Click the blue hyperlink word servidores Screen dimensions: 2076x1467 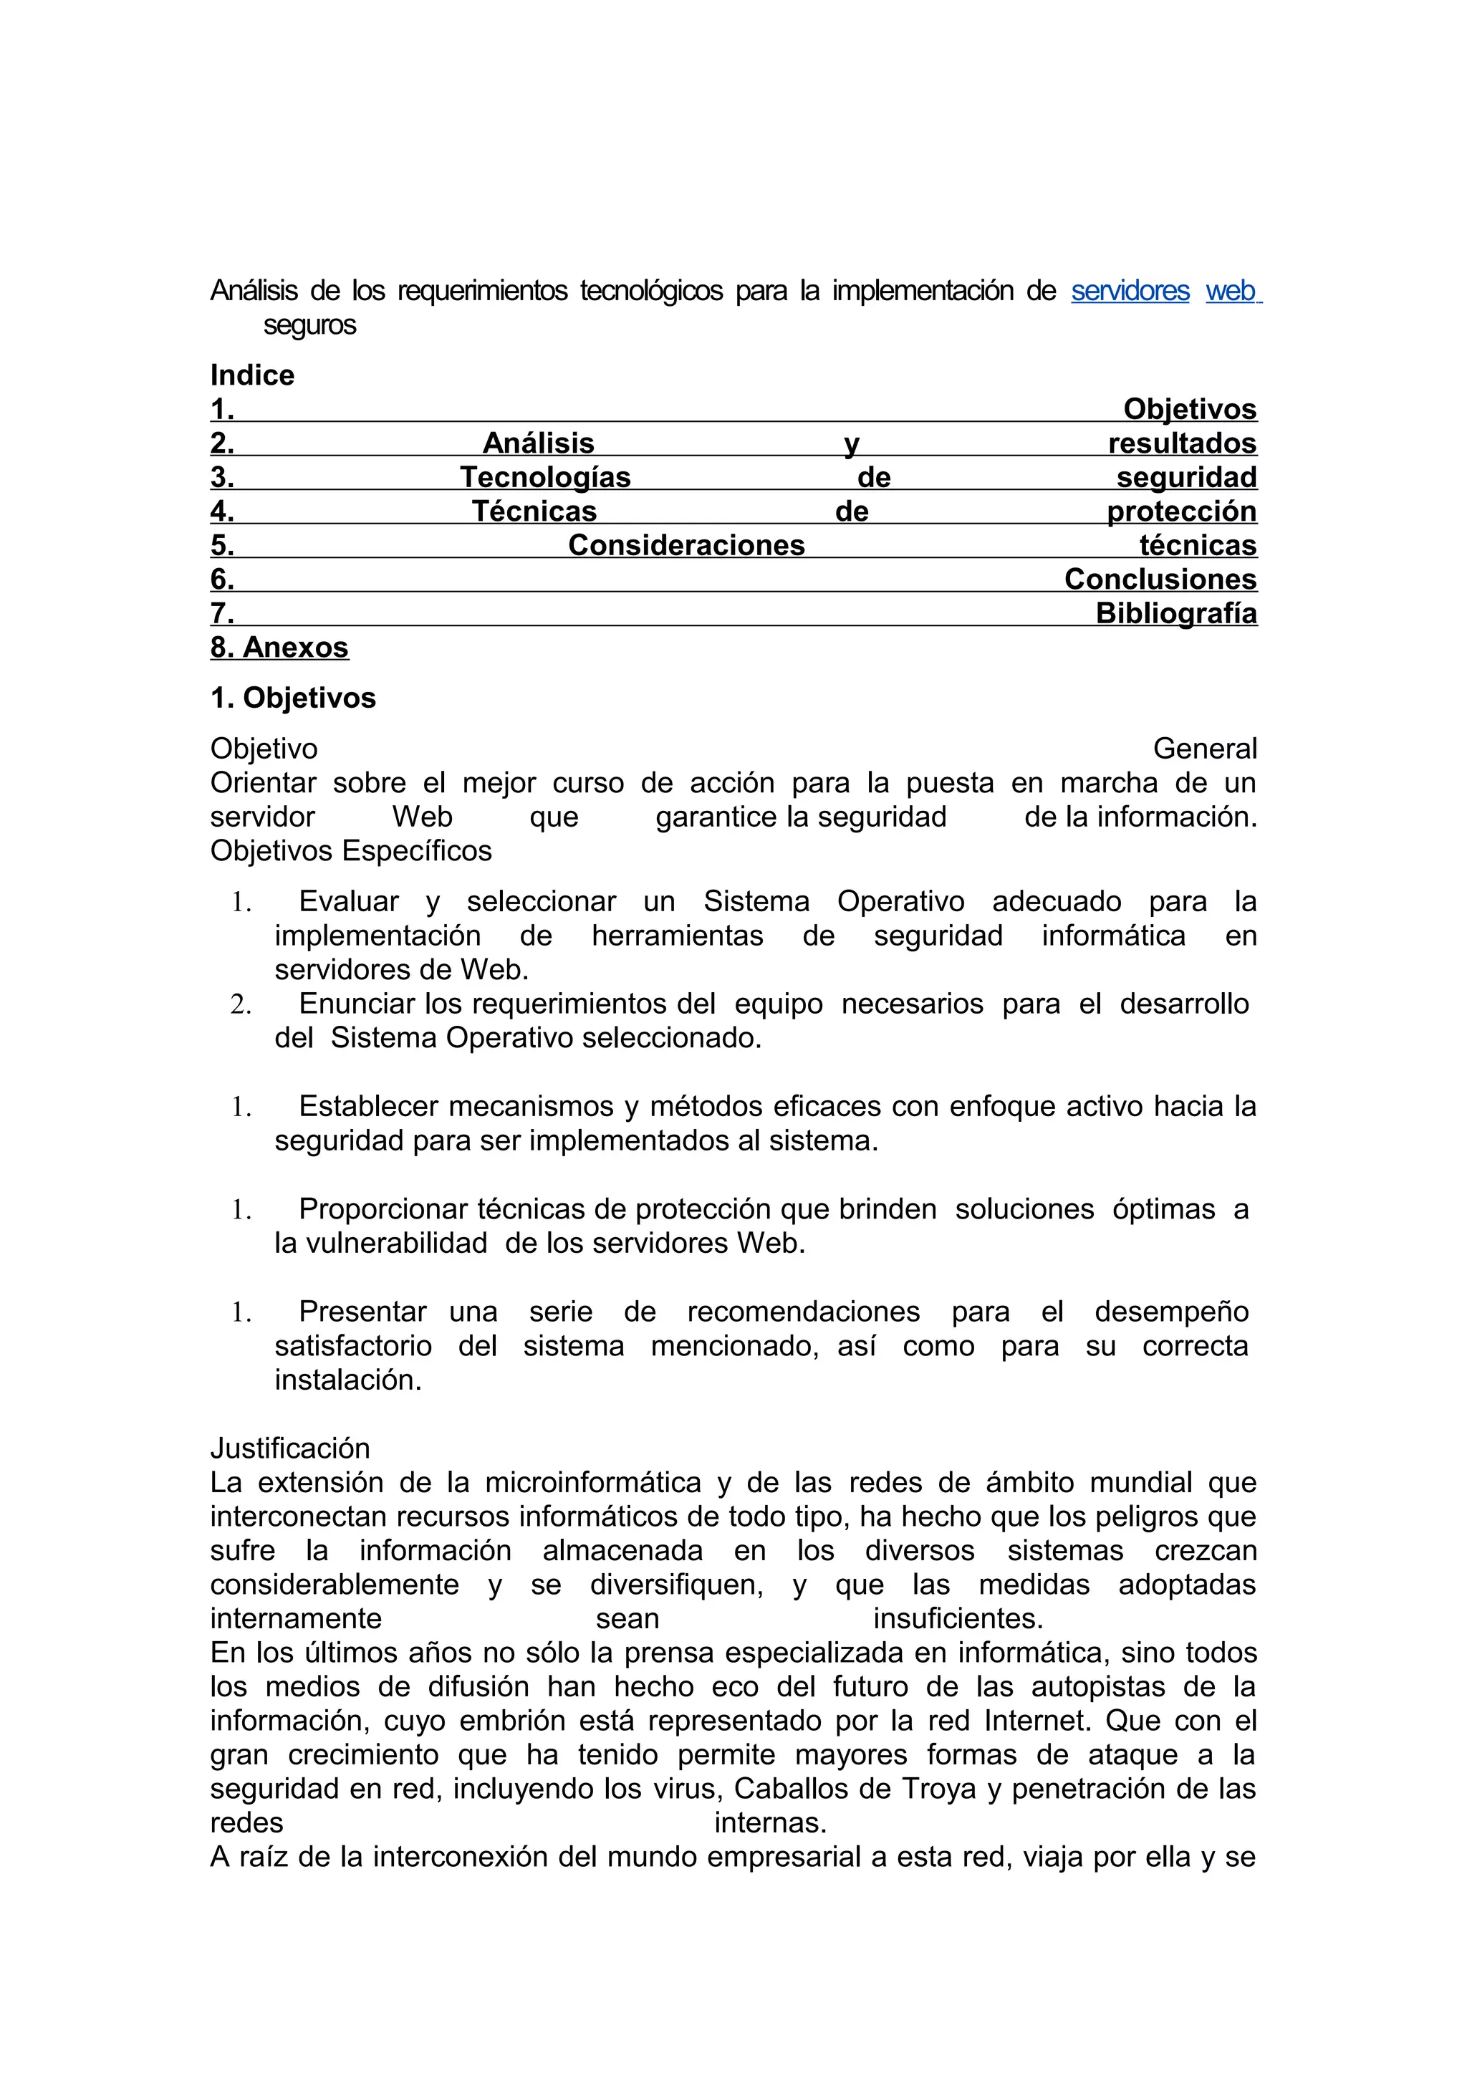(1130, 291)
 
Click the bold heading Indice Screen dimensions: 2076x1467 (252, 375)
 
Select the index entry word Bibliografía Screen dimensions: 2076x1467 (1176, 613)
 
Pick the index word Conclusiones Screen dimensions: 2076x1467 (1160, 580)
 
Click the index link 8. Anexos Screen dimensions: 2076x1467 (279, 648)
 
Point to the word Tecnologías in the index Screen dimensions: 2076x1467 (545, 477)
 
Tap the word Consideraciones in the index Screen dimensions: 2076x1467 (686, 545)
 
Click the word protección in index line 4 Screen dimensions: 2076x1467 (1181, 511)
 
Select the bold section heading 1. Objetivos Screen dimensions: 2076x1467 (293, 698)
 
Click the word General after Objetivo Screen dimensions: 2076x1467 (1204, 749)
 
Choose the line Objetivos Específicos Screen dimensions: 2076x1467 (351, 851)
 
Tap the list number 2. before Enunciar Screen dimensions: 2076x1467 (241, 1004)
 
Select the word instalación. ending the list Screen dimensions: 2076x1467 (348, 1380)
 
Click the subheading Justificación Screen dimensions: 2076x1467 (290, 1448)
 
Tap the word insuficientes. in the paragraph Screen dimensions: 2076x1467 (958, 1618)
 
